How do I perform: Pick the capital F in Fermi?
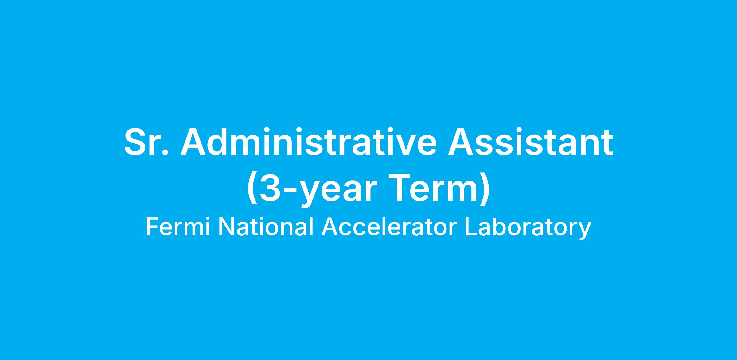coord(152,227)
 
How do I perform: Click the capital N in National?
coord(226,227)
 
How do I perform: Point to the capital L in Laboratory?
coord(471,227)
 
